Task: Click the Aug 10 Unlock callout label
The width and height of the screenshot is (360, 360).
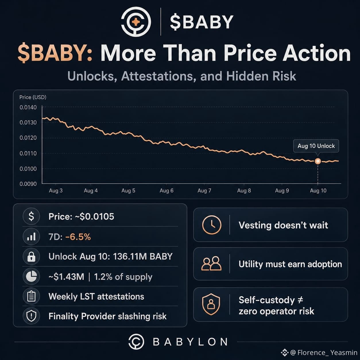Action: (x=316, y=146)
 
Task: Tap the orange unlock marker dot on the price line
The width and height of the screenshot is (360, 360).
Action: (x=318, y=161)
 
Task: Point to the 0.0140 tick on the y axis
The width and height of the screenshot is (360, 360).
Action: (x=28, y=107)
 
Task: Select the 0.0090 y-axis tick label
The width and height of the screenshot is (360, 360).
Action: (x=28, y=184)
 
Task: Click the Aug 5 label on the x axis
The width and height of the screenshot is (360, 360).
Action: (x=128, y=191)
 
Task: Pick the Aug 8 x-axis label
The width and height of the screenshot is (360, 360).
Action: (x=244, y=191)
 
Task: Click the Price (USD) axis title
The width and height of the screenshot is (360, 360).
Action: (x=33, y=97)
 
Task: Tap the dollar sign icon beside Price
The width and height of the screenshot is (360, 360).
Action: (x=31, y=216)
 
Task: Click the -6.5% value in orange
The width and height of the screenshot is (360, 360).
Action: (x=78, y=237)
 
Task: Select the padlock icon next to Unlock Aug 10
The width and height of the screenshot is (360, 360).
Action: (x=31, y=256)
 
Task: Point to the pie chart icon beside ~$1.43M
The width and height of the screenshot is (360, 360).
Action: (x=31, y=276)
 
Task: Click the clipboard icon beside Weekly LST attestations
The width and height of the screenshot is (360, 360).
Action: (x=31, y=296)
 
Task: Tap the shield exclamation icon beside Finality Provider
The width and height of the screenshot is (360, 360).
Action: (x=31, y=316)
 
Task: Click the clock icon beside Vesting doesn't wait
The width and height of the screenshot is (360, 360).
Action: (x=212, y=225)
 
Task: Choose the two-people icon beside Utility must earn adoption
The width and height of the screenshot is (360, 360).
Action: (x=212, y=264)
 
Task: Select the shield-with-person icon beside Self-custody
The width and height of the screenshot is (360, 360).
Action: (x=211, y=304)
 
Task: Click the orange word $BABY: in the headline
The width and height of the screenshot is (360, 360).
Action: (x=55, y=53)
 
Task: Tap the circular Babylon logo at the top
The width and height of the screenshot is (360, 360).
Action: (x=136, y=22)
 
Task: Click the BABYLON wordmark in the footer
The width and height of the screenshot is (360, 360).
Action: (x=190, y=342)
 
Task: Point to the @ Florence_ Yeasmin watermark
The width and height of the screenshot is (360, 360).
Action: (x=319, y=353)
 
